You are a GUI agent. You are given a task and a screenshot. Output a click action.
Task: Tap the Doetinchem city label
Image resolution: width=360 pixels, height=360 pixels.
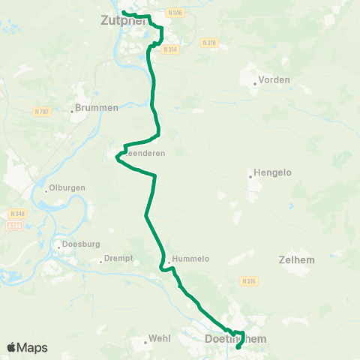coord(235,340)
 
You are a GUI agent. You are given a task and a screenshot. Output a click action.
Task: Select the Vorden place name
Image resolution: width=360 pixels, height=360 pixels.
coord(274,79)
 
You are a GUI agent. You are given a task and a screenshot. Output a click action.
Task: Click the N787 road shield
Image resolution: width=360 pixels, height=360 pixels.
coord(41,112)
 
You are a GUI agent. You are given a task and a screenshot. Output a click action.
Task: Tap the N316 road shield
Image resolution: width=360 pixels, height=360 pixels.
coord(249,281)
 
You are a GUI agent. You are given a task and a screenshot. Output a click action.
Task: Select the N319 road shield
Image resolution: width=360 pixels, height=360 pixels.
coord(209,43)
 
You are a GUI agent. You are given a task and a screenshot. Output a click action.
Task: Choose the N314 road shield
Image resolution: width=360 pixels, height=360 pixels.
coord(170,49)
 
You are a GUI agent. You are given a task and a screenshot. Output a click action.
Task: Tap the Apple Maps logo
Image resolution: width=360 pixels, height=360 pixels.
coord(27,347)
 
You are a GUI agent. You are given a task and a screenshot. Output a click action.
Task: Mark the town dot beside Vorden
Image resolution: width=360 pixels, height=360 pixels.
coord(254,84)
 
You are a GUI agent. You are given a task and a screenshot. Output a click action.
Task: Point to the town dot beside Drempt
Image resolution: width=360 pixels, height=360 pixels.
coord(101,262)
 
